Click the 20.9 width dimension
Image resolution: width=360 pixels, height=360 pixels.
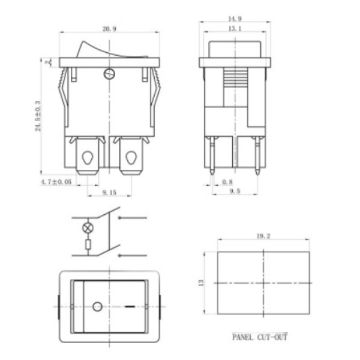(109, 29)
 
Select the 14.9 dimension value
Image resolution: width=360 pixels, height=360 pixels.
(235, 19)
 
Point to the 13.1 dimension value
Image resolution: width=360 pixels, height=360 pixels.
(235, 29)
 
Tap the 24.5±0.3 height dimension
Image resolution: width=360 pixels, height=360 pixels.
(38, 116)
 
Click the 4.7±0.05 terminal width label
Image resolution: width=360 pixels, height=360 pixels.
(56, 182)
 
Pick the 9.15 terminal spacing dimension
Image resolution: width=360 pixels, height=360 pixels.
(109, 193)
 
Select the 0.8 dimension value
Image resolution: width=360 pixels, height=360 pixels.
(227, 182)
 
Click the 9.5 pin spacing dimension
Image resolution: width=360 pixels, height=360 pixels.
(235, 191)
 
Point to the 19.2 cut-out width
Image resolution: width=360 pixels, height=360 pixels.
(263, 236)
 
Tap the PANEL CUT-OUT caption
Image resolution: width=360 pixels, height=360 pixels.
(260, 337)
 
